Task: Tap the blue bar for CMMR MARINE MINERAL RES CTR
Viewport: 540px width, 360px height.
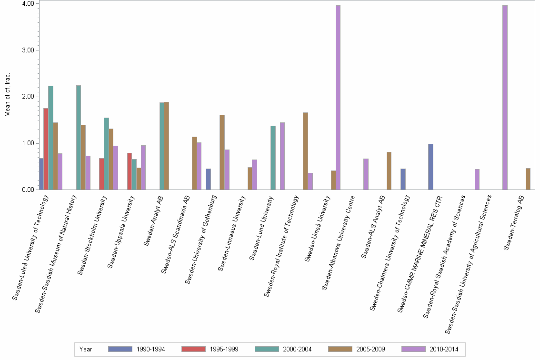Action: (430, 167)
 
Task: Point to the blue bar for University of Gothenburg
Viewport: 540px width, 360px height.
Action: (208, 179)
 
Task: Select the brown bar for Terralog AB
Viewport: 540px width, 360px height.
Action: (528, 179)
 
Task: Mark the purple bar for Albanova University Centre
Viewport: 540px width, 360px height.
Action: (366, 174)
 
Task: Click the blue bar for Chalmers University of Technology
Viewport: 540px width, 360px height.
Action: (403, 179)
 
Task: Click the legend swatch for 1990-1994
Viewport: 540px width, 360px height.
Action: (120, 349)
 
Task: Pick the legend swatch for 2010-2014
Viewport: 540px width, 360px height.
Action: (414, 349)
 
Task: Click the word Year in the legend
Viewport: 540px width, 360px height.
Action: (86, 349)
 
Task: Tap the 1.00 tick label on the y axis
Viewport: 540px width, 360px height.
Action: (27, 143)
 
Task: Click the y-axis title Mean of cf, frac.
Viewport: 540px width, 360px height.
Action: (7, 95)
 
